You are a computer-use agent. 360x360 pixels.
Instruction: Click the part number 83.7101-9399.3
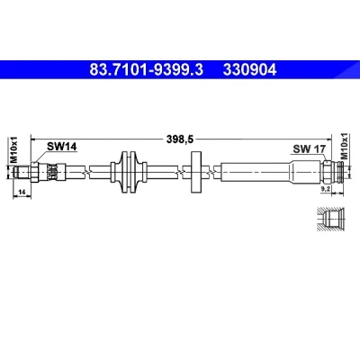tap(147, 70)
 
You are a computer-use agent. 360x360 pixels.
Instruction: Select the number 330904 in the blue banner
tap(249, 70)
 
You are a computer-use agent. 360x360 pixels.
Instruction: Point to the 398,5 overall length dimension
tap(180, 139)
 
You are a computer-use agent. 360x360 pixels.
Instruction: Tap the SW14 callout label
tap(62, 147)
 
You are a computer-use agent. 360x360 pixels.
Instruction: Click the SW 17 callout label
tap(310, 148)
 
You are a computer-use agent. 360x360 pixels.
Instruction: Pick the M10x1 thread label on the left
tap(14, 149)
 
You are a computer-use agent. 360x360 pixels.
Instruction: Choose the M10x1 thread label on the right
tap(344, 146)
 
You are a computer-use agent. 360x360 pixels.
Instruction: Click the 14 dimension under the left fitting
tap(22, 192)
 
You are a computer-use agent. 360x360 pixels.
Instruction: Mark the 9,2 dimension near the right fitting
tap(326, 189)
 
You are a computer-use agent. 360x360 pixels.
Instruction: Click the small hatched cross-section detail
tap(331, 220)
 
